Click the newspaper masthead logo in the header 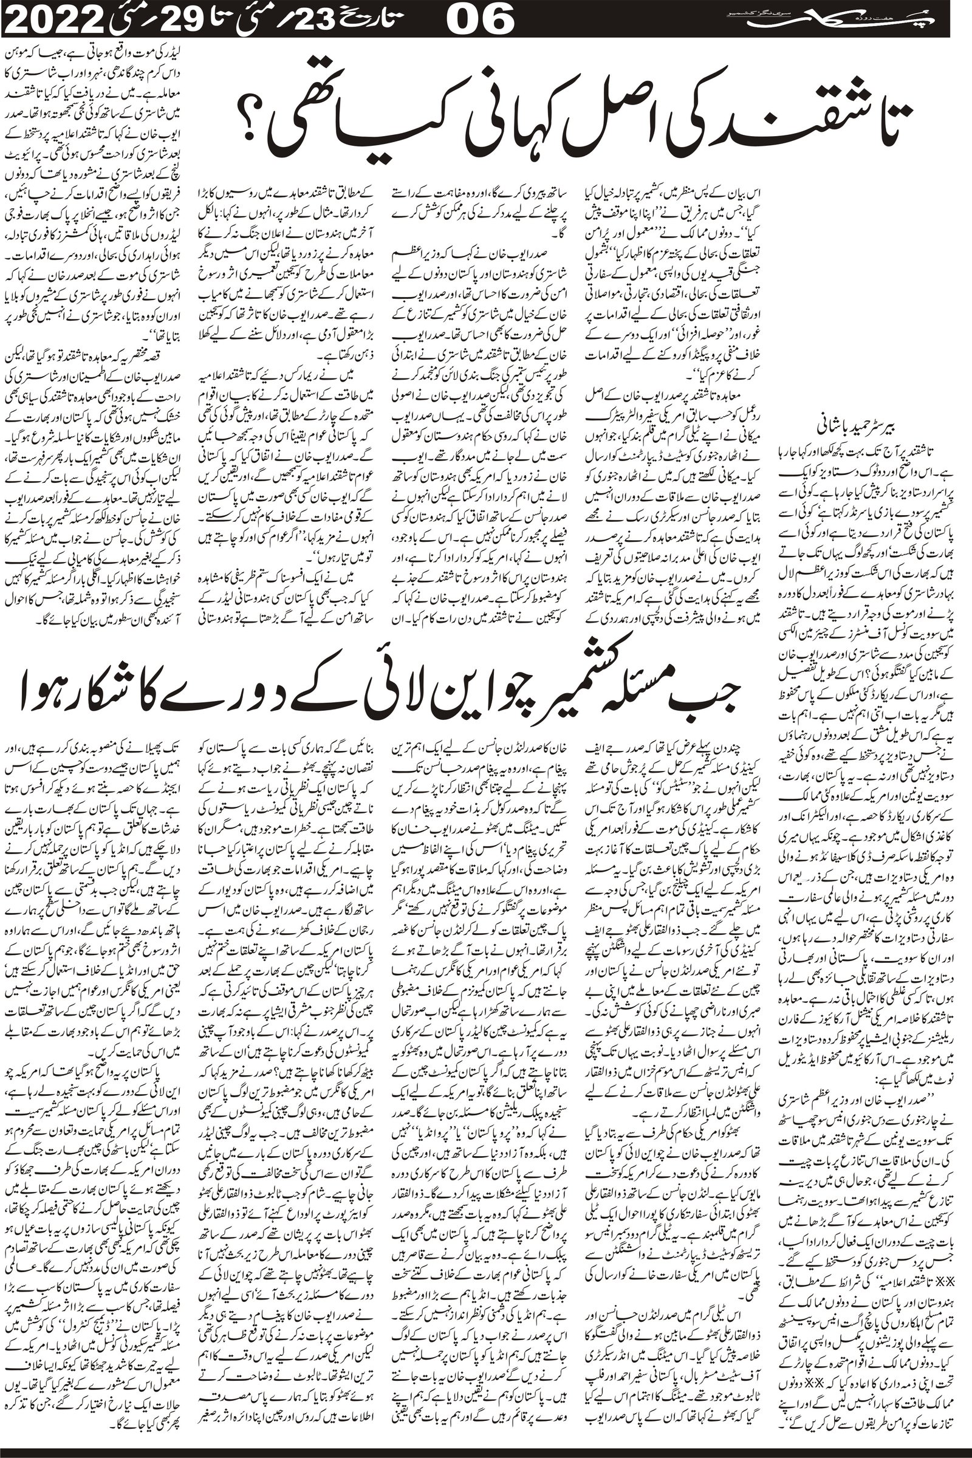tap(818, 21)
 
